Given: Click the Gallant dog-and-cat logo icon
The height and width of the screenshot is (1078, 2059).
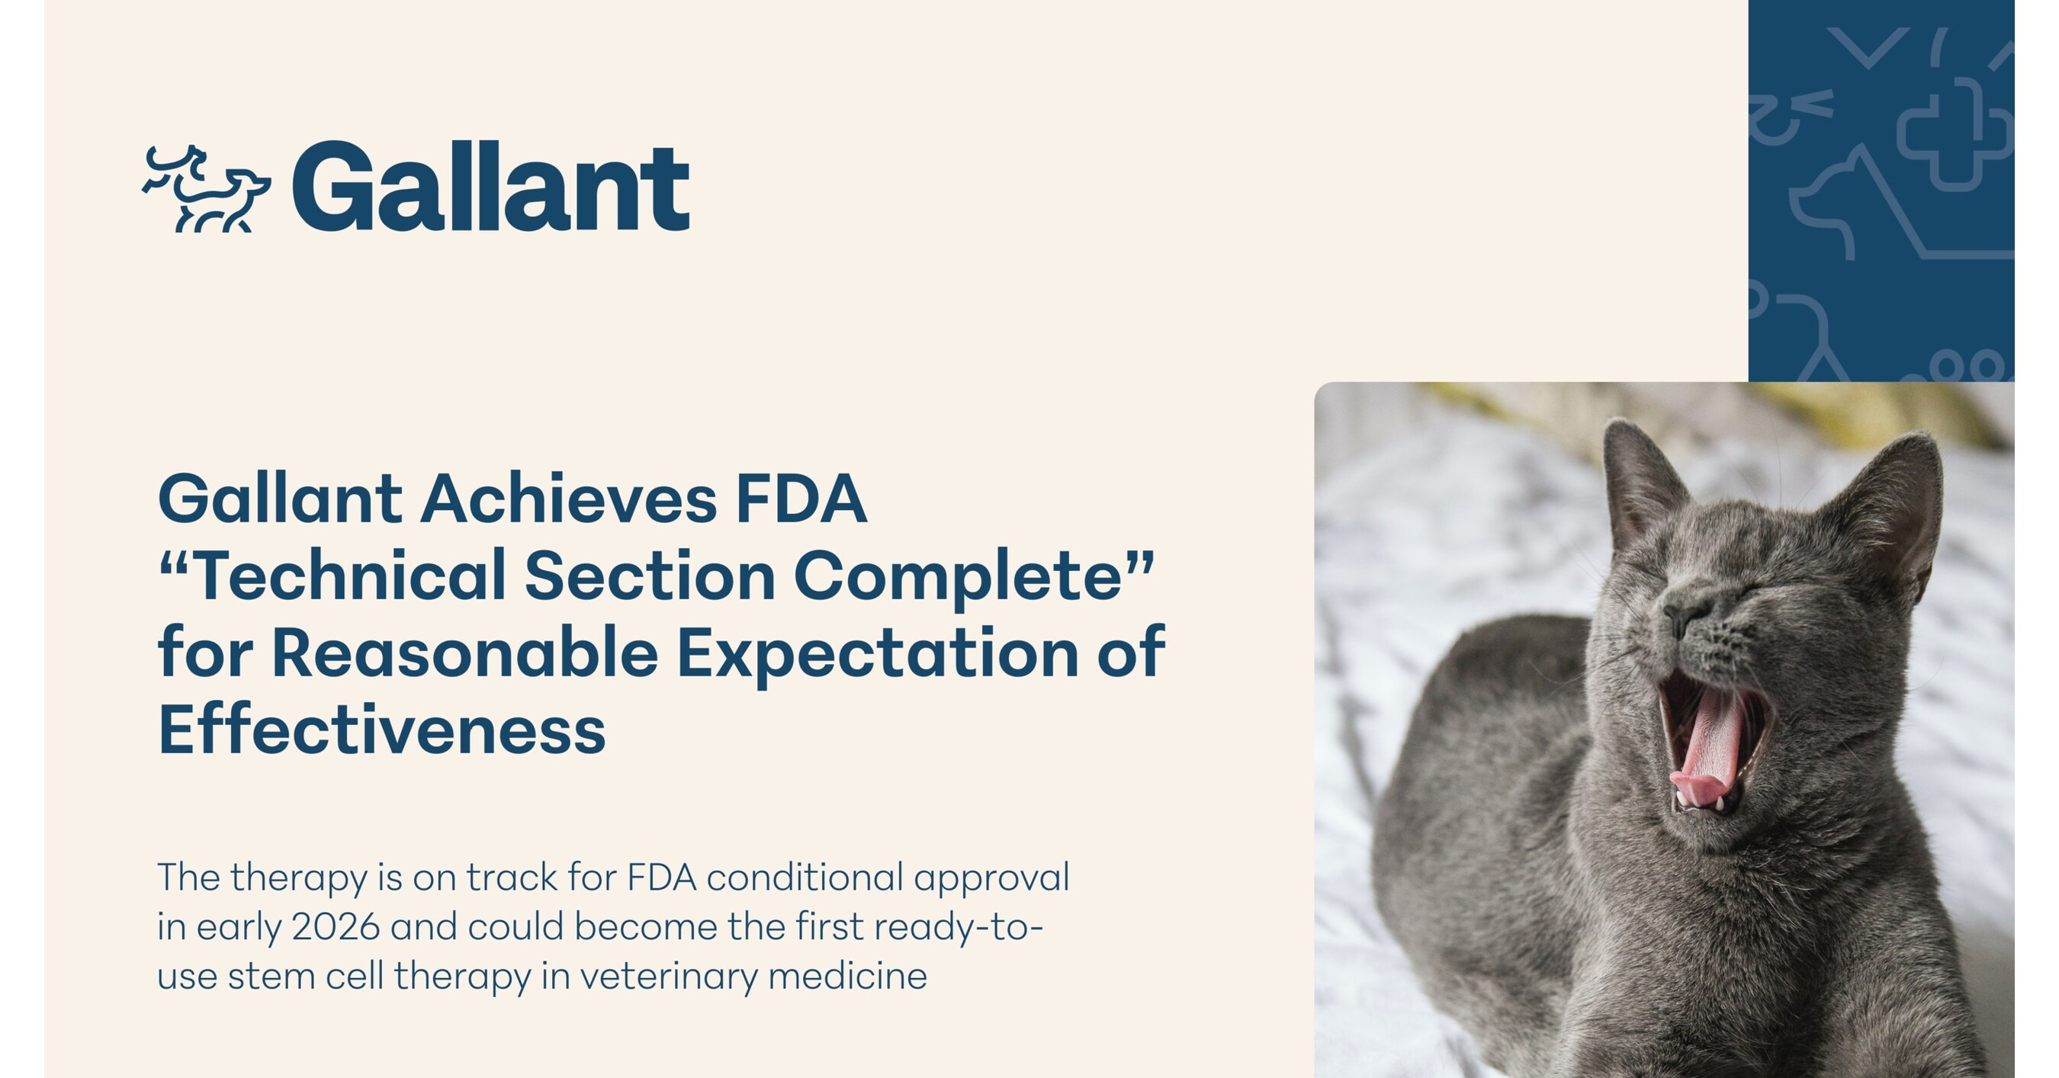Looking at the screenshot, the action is pyautogui.click(x=206, y=188).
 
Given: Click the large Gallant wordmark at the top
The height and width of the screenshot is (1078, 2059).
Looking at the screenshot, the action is pyautogui.click(x=491, y=187).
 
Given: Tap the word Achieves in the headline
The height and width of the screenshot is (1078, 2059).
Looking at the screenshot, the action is pyautogui.click(x=568, y=499).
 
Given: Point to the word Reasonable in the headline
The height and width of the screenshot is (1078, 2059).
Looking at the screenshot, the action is pyautogui.click(x=465, y=652).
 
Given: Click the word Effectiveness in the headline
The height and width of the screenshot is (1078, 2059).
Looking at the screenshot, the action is pyautogui.click(x=382, y=729).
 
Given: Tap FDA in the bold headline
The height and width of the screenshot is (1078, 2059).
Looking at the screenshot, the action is pyautogui.click(x=801, y=499).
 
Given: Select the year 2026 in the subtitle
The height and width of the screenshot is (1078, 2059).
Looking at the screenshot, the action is pyautogui.click(x=336, y=927).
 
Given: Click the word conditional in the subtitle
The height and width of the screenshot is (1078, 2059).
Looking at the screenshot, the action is pyautogui.click(x=804, y=877).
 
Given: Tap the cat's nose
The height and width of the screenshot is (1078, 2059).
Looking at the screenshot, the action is pyautogui.click(x=1685, y=617).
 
